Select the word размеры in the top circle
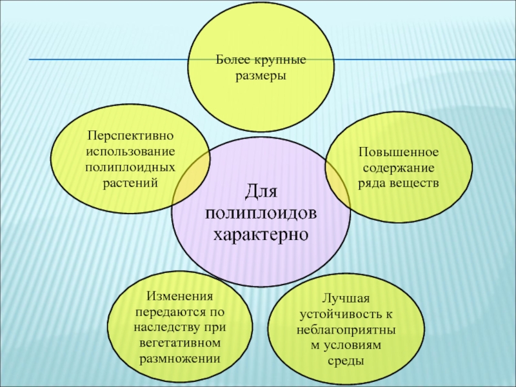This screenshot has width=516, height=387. (x=261, y=75)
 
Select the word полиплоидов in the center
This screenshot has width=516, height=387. (x=261, y=212)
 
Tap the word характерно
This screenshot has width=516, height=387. (x=261, y=233)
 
